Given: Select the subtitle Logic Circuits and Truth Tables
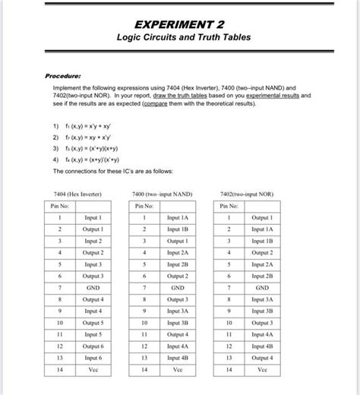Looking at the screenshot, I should coord(180,38).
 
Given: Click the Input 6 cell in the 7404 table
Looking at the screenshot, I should coord(93,356).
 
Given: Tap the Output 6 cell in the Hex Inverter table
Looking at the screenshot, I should coord(93,345).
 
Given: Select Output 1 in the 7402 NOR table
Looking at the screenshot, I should coord(262,218).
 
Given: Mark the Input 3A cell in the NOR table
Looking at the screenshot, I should coord(262,299).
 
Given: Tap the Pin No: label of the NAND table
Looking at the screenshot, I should coord(144,206).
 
